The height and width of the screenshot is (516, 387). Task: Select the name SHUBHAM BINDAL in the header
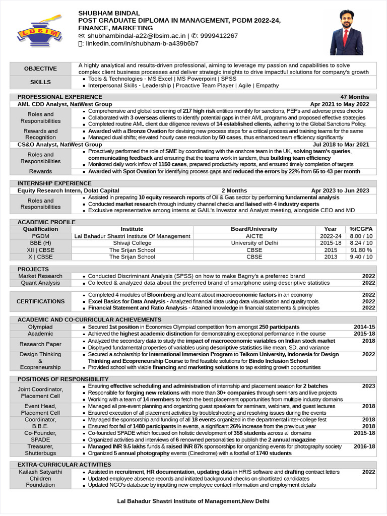109,13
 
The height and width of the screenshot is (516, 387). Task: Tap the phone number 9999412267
219,36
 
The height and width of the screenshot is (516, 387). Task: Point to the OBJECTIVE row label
40,69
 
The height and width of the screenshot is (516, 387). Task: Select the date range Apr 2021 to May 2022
340,104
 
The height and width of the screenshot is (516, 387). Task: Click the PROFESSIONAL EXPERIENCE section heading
59,97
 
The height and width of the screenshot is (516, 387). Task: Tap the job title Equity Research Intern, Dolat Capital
68,190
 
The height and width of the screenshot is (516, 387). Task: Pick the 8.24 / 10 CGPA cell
361,243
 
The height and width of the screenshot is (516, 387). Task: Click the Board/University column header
254,229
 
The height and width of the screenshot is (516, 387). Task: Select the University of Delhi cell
254,243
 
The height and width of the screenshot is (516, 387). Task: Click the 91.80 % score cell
361,250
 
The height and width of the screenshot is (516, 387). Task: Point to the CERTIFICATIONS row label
40,301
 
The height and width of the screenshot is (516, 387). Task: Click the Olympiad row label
40,327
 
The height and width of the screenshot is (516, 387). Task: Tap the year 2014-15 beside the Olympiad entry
364,327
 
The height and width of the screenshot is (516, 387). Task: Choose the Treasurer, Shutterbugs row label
40,449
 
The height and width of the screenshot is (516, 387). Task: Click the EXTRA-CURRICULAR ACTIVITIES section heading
64,464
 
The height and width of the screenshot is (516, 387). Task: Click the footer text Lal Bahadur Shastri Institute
193,501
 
